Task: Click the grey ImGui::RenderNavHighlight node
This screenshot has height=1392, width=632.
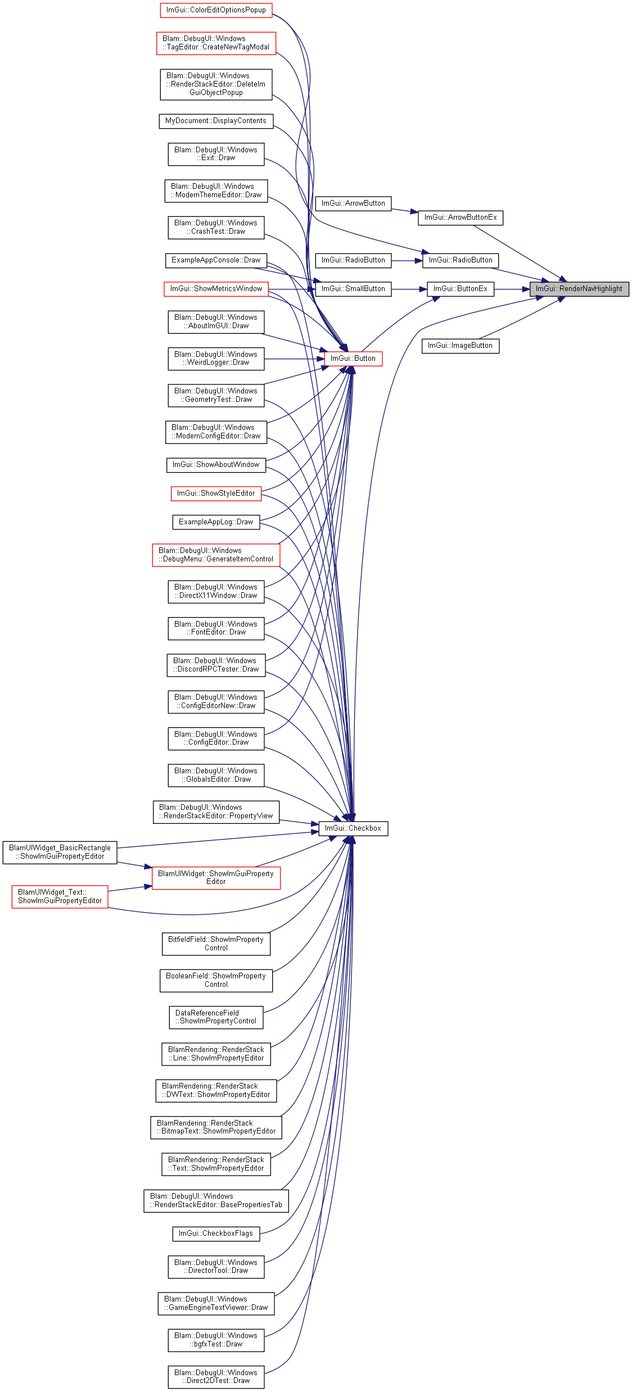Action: (579, 289)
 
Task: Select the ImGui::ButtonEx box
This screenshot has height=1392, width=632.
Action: (461, 289)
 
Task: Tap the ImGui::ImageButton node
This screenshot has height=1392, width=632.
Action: (461, 346)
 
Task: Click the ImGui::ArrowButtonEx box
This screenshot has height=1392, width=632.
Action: (461, 217)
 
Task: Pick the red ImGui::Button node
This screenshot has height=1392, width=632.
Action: (353, 359)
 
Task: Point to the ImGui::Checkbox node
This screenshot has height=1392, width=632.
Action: (353, 828)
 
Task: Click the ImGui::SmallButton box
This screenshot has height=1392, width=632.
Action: (353, 289)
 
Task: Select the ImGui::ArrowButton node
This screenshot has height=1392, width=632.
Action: (353, 203)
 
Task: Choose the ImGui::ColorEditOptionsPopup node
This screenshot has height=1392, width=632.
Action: (216, 10)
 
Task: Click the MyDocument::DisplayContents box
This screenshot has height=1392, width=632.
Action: (216, 121)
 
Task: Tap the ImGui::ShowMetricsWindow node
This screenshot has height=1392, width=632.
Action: (216, 289)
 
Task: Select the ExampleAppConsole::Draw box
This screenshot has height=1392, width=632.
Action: (216, 260)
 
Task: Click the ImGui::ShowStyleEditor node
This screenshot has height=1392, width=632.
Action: (216, 493)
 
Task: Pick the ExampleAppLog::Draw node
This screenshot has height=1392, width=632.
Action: (216, 522)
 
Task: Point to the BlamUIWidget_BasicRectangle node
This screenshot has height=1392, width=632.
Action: (60, 852)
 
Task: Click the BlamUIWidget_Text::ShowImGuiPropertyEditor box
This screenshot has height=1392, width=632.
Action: (60, 896)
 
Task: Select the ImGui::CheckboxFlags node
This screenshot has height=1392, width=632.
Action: (216, 1234)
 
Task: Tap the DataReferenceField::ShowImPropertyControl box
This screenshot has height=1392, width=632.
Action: (216, 1017)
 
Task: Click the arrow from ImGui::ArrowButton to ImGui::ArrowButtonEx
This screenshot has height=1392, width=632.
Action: (405, 211)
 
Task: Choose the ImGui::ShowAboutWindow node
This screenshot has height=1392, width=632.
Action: (216, 465)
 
